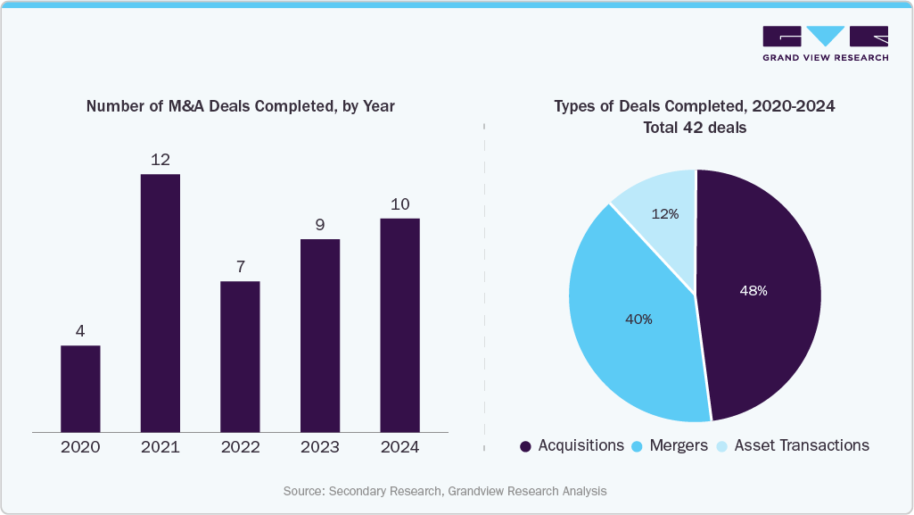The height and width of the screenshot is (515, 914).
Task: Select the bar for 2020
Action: point(80,388)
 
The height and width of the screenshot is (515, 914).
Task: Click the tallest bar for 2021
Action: point(161,303)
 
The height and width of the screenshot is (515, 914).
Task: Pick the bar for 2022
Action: point(240,357)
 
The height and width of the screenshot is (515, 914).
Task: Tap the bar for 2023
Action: point(320,336)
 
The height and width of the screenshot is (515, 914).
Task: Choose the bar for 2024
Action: point(399,326)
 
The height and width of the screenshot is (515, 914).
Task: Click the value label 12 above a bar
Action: point(161,160)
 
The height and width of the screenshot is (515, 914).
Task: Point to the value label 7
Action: point(241,267)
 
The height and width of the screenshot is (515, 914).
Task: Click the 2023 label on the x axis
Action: point(320,446)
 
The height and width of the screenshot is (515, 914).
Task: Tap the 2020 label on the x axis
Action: point(80,446)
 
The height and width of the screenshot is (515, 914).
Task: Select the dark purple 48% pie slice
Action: point(758,295)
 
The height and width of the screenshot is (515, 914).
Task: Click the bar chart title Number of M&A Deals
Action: point(240,105)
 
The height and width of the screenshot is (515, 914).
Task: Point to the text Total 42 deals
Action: point(695,128)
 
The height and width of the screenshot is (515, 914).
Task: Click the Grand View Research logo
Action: point(825,43)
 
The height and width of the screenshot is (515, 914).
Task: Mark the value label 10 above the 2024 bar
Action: point(400,204)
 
